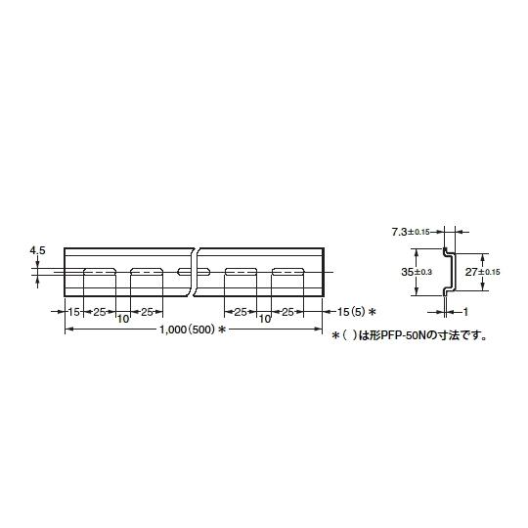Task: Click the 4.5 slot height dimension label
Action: [x=37, y=250]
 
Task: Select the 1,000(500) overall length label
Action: [x=187, y=330]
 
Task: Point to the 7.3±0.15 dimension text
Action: [x=411, y=232]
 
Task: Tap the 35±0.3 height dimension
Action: [x=417, y=272]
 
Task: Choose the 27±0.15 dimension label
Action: [x=483, y=272]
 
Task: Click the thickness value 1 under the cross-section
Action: [x=465, y=312]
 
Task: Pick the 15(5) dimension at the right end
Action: [x=351, y=312]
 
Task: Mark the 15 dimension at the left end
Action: [x=73, y=312]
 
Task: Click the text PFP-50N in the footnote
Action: [x=405, y=335]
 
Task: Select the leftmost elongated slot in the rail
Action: [x=100, y=272]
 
